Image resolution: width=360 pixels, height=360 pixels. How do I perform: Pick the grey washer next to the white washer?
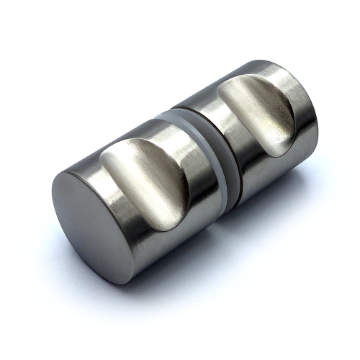pos(216,173)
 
